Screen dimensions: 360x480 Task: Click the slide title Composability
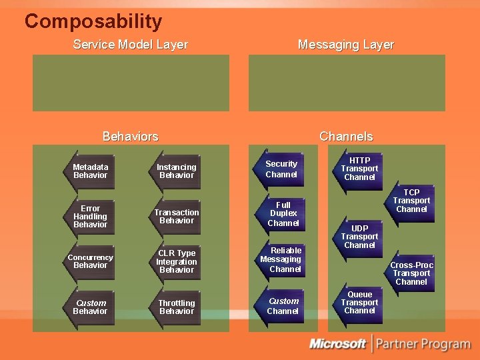93,21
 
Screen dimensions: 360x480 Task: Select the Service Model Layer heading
130,45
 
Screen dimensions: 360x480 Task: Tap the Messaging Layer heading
345,45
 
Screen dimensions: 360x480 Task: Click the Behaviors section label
130,136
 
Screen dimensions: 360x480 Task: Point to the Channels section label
345,136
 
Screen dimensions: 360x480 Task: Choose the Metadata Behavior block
90,171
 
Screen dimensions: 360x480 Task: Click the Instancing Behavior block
177,171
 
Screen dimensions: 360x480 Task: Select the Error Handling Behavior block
90,217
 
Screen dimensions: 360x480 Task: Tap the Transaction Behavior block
177,216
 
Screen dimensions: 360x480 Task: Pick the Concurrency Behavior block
90,261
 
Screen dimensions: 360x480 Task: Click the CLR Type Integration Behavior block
177,261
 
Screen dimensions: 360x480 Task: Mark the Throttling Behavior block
177,307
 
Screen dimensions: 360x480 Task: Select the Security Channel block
281,169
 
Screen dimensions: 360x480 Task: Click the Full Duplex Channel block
283,214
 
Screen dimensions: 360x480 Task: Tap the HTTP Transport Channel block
359,169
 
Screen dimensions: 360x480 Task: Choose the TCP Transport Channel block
411,201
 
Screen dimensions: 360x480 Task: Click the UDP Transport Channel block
359,236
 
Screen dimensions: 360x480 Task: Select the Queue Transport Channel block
359,302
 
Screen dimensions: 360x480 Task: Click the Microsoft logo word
337,344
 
